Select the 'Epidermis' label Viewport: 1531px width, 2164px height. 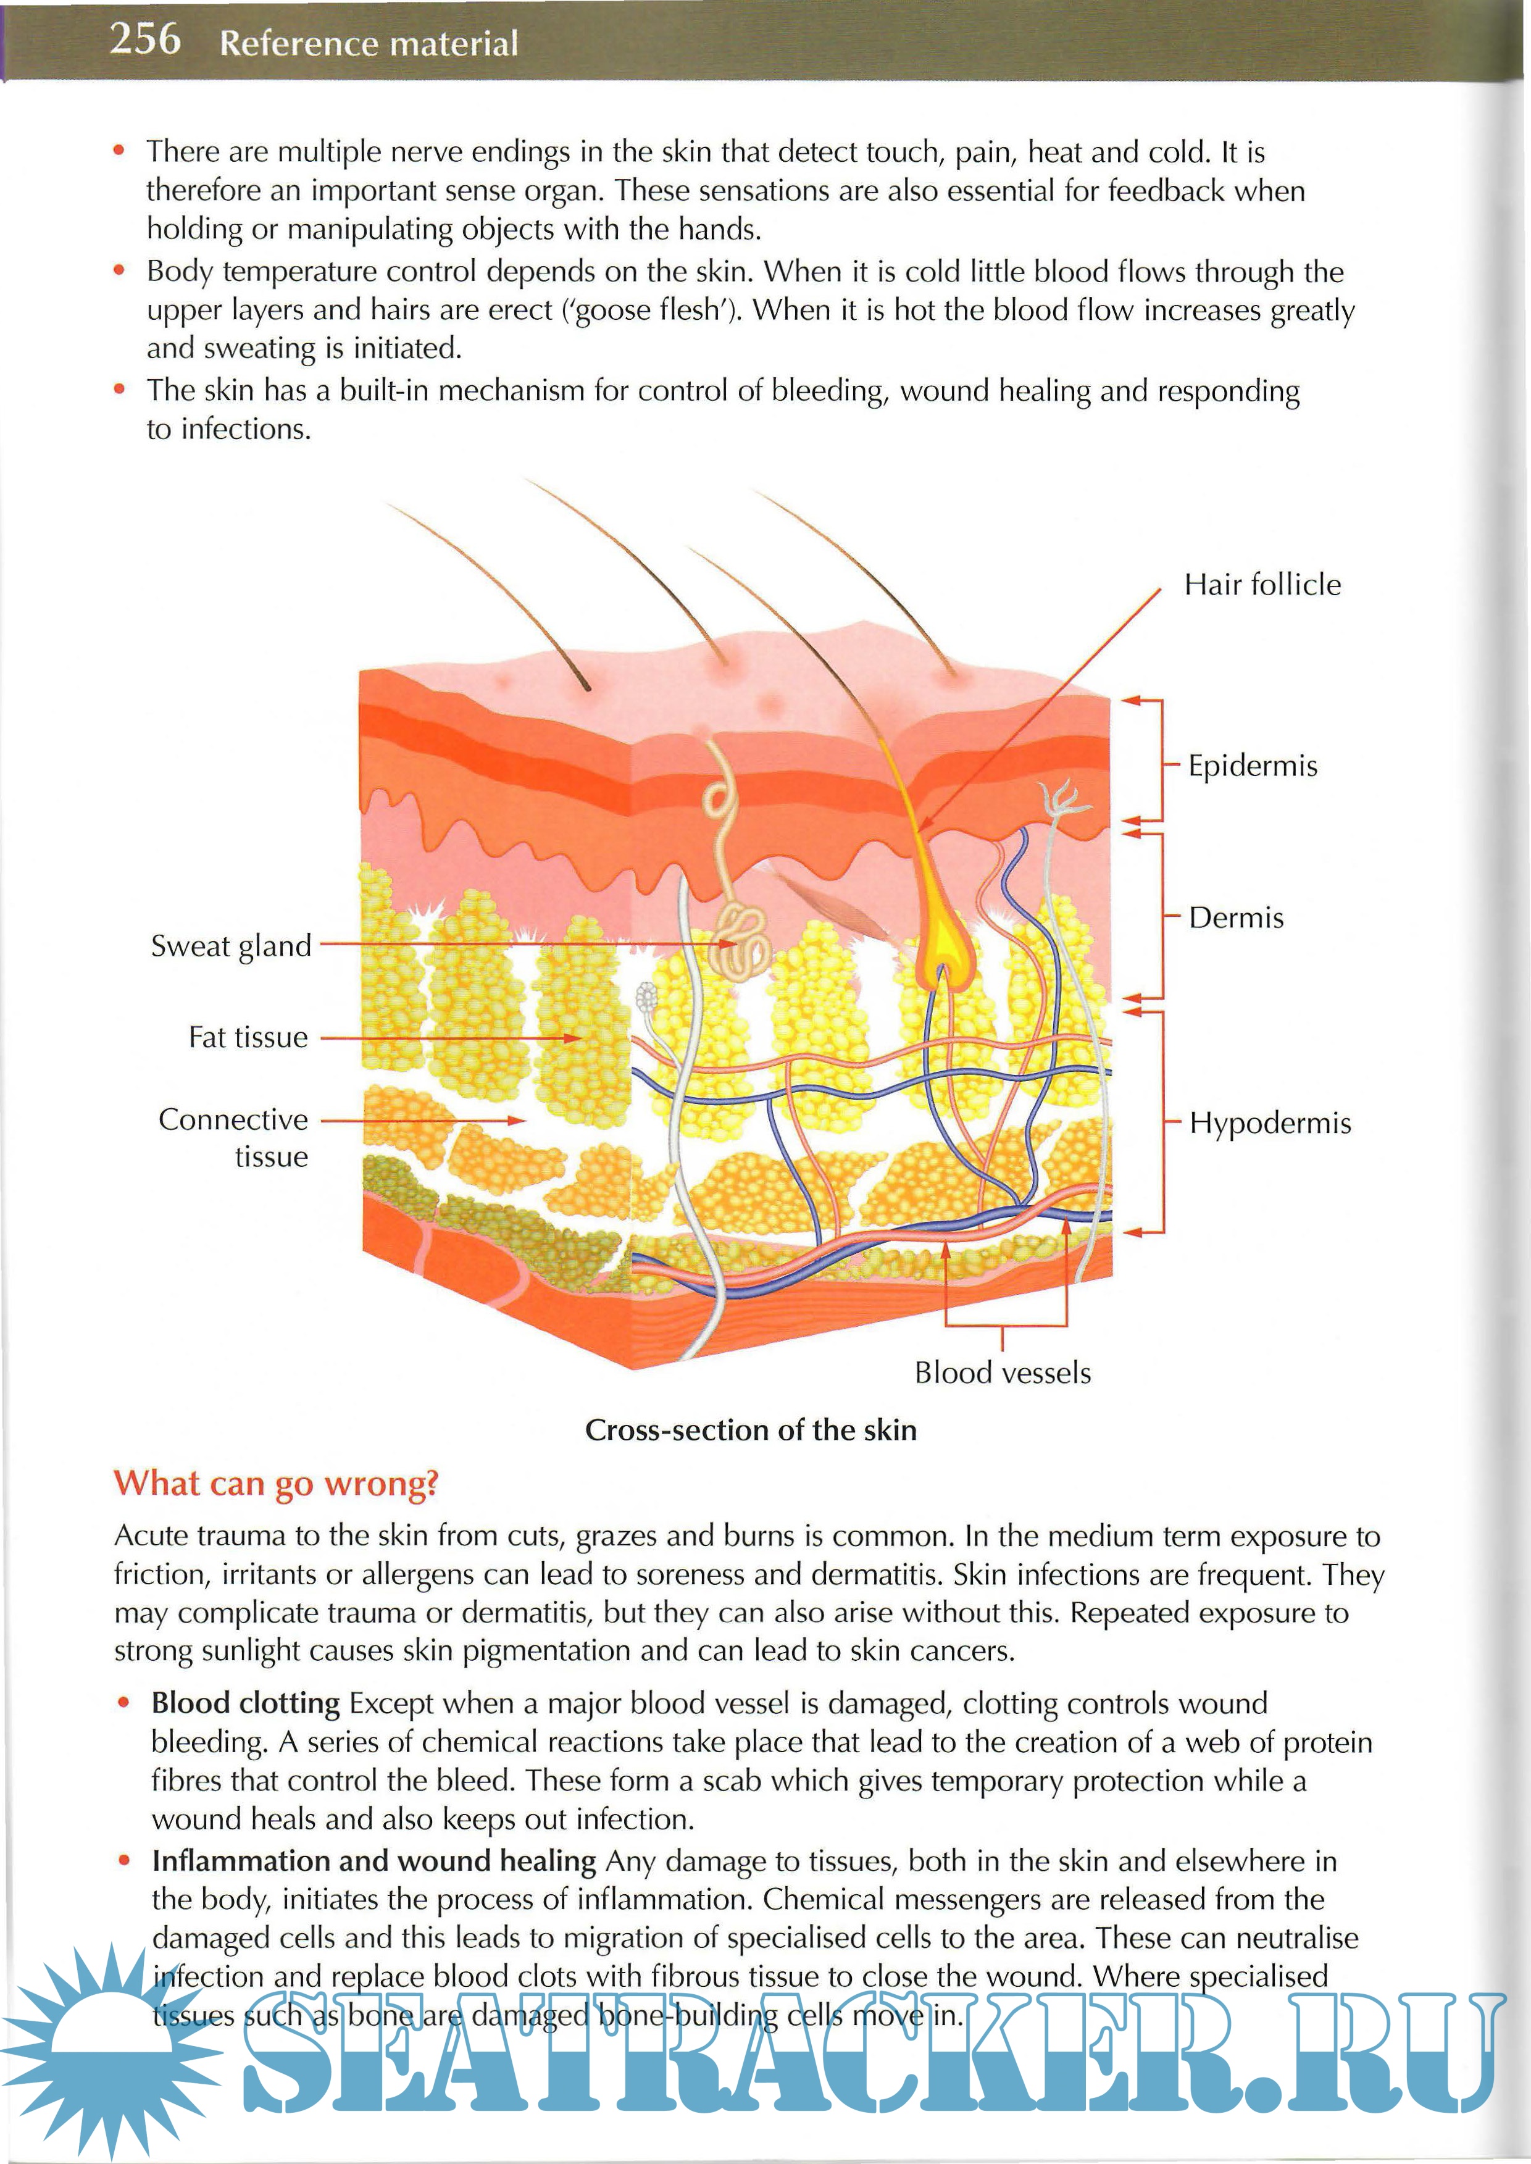1252,766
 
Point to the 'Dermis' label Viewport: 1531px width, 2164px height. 1236,917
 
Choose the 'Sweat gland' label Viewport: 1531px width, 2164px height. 231,946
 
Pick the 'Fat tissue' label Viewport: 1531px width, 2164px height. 248,1037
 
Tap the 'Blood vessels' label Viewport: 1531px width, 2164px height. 1002,1373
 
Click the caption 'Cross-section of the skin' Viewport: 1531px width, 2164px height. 751,1429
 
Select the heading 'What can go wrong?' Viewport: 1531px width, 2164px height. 276,1483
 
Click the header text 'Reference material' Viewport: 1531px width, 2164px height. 369,43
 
